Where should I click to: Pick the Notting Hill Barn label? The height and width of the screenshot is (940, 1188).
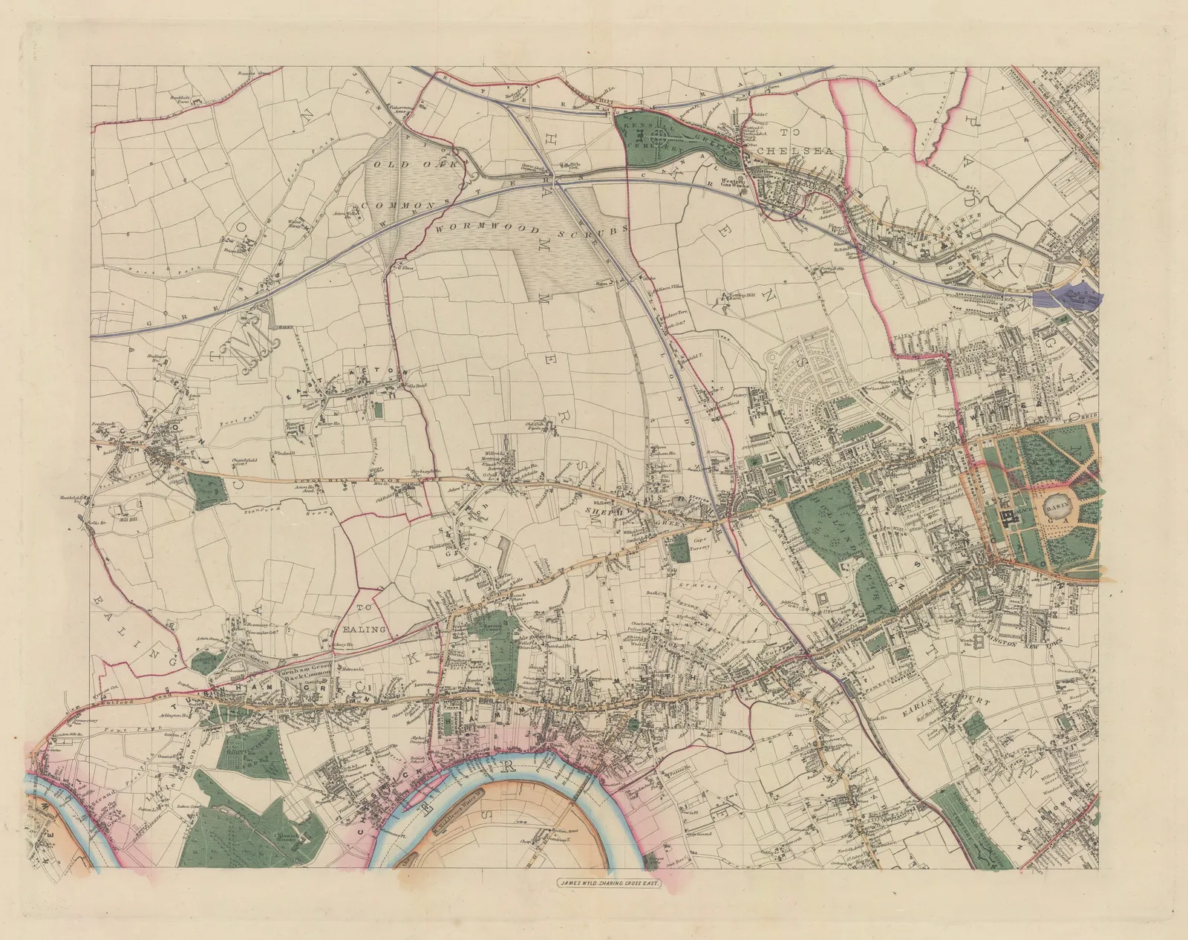point(731,297)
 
